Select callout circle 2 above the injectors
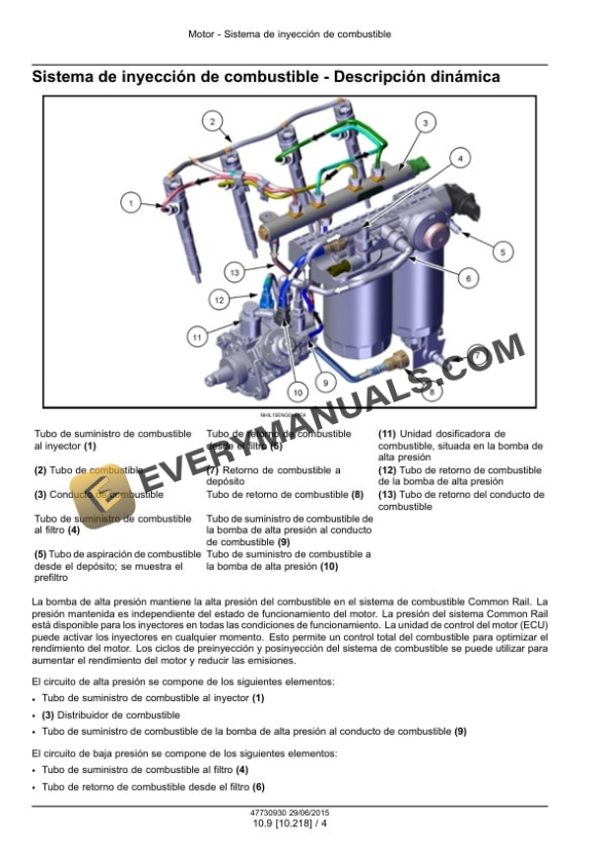coord(211,121)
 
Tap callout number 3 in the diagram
coord(424,122)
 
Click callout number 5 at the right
coord(502,252)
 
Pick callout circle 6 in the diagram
coord(468,279)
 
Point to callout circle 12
coord(219,298)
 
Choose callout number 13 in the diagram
coord(234,271)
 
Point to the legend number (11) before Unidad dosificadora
coord(387,433)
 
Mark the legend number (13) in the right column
coord(387,494)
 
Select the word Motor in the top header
coord(201,34)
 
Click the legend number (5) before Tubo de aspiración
coord(40,555)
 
